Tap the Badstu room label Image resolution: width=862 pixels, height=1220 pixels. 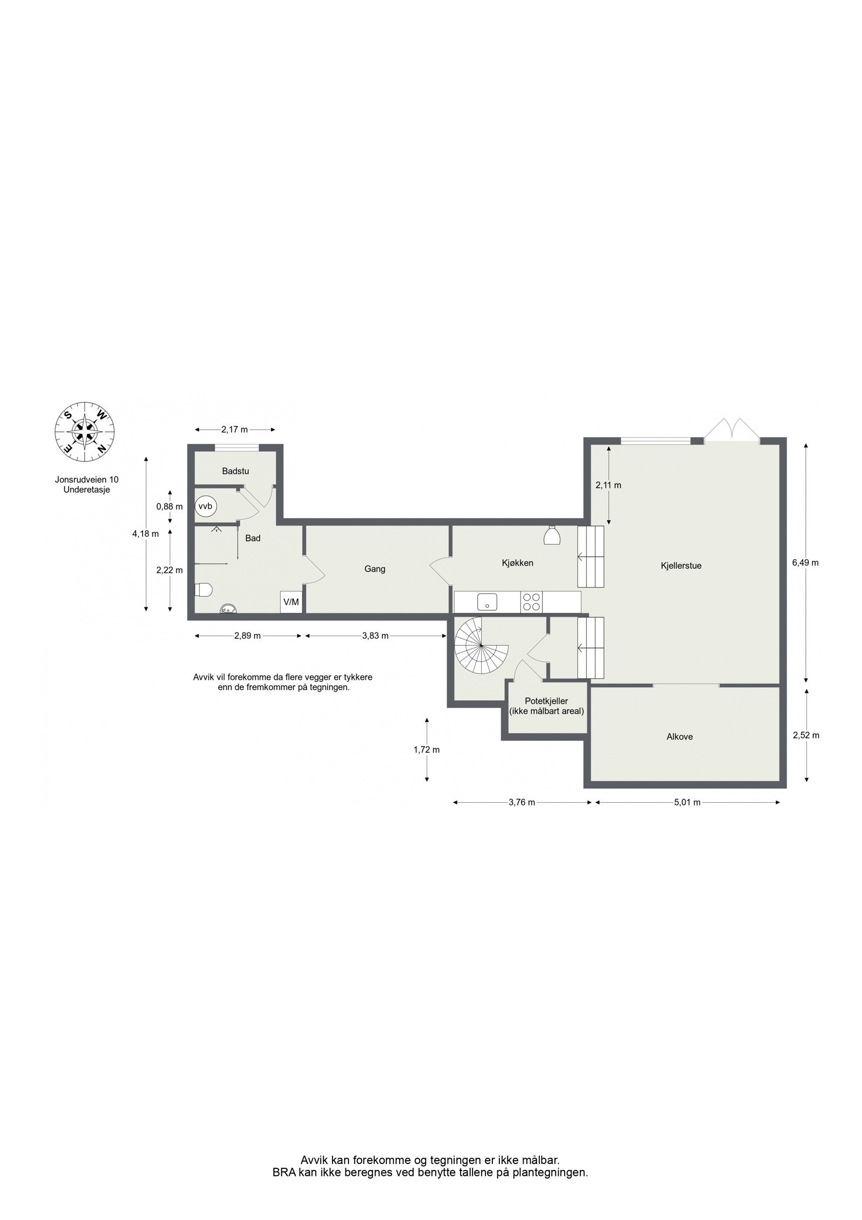(235, 471)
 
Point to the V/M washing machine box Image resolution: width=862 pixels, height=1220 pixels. (291, 602)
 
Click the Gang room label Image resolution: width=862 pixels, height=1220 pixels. (375, 569)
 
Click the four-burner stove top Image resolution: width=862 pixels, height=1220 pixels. (532, 602)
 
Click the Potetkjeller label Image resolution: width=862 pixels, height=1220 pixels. (546, 701)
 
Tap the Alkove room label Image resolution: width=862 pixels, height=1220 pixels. (679, 736)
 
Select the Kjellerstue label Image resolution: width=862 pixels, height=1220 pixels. (681, 566)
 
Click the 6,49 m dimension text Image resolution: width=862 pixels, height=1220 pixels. (805, 562)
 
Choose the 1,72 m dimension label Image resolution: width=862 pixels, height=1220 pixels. (427, 749)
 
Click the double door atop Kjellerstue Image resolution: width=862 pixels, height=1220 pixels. (733, 430)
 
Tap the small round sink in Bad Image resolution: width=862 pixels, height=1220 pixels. (227, 609)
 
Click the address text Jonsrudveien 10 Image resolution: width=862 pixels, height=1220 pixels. (87, 479)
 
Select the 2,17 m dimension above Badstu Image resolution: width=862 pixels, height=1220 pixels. (235, 430)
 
